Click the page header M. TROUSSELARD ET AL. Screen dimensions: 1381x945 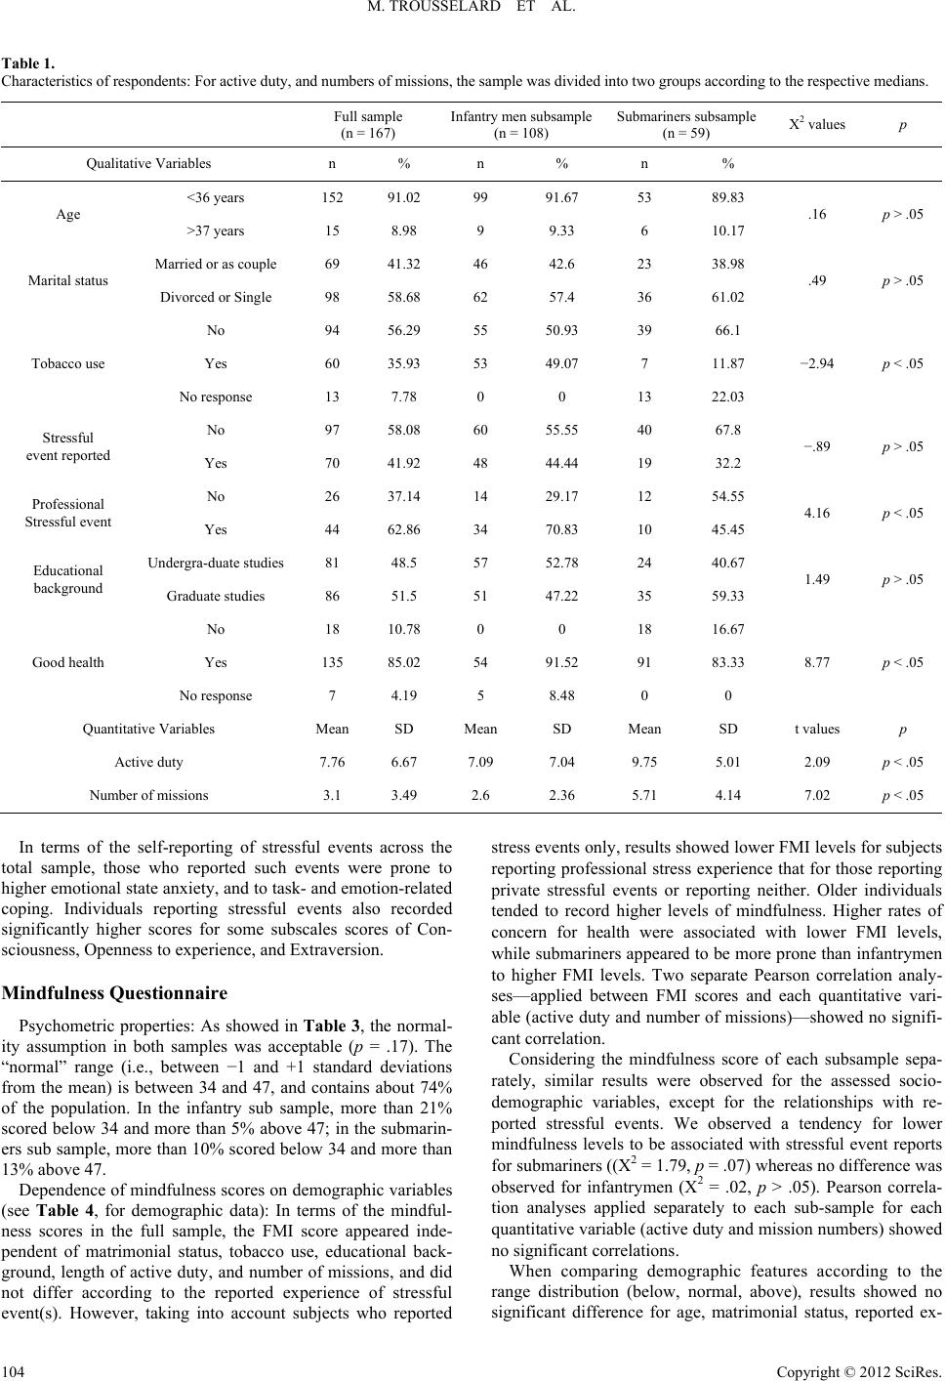472,12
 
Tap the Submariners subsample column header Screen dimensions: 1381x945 685,124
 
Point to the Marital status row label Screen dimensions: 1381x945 67,281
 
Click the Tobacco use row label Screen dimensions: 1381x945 67,364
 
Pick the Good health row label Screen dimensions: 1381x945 67,663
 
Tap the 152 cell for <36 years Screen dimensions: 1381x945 332,198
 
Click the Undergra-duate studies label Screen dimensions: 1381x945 216,564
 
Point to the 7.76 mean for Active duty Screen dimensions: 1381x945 332,763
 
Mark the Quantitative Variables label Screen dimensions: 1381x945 148,730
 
